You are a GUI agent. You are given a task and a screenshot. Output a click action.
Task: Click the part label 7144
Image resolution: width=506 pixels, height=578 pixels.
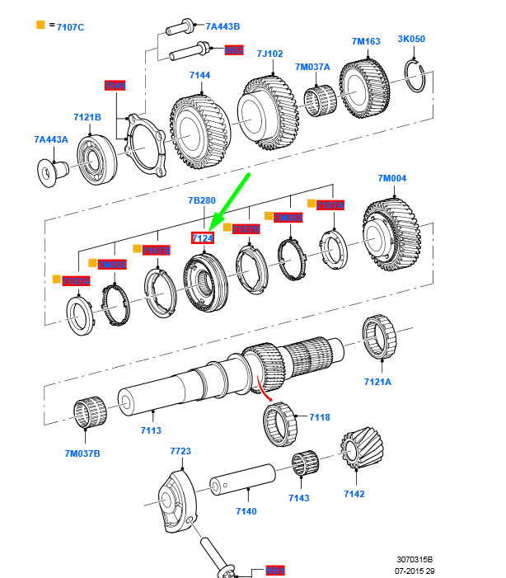[200, 76]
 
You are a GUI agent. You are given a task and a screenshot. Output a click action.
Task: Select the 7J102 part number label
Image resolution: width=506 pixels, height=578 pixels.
[269, 54]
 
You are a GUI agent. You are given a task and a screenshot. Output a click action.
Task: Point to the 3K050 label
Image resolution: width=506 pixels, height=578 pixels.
[411, 39]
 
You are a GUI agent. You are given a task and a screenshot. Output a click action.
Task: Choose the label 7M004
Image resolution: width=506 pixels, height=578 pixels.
[393, 178]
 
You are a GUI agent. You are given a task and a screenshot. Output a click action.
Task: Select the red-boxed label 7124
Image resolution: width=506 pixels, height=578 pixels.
[203, 239]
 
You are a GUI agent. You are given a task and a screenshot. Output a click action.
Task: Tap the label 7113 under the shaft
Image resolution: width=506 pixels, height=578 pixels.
[151, 430]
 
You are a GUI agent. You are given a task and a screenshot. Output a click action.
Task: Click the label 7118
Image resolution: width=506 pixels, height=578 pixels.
[320, 417]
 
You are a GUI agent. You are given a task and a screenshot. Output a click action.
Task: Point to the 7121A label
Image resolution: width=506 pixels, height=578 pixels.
[378, 382]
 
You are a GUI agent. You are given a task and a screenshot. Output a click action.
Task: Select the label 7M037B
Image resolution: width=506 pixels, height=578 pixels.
[83, 453]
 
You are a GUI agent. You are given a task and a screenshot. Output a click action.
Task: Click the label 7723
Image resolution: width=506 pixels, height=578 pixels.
[180, 452]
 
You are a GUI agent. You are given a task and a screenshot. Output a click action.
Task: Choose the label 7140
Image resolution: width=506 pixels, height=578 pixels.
[246, 511]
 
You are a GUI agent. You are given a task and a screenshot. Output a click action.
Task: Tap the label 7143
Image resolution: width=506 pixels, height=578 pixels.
[299, 499]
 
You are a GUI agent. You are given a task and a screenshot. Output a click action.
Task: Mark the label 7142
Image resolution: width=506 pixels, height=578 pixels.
[354, 493]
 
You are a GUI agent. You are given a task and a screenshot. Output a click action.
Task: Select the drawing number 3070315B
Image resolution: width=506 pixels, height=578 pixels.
[415, 559]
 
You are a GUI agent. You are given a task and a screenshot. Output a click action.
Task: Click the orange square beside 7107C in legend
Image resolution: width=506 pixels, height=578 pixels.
[40, 26]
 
